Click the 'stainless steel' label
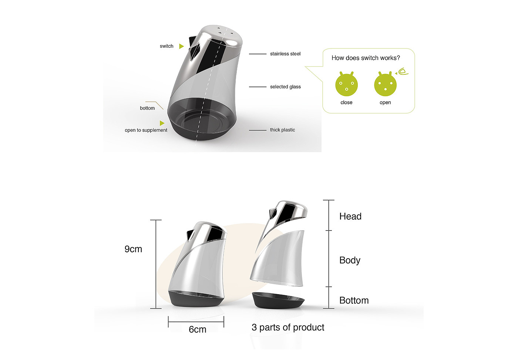[x=285, y=54]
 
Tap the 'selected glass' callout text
[x=285, y=87]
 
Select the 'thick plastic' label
[x=282, y=130]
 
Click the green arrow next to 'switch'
[x=182, y=46]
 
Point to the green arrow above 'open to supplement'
[x=162, y=123]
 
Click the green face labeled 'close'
[x=346, y=84]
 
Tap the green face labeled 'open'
[x=385, y=84]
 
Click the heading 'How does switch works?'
[x=366, y=58]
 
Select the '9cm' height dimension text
[x=133, y=249]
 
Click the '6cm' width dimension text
[x=197, y=329]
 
